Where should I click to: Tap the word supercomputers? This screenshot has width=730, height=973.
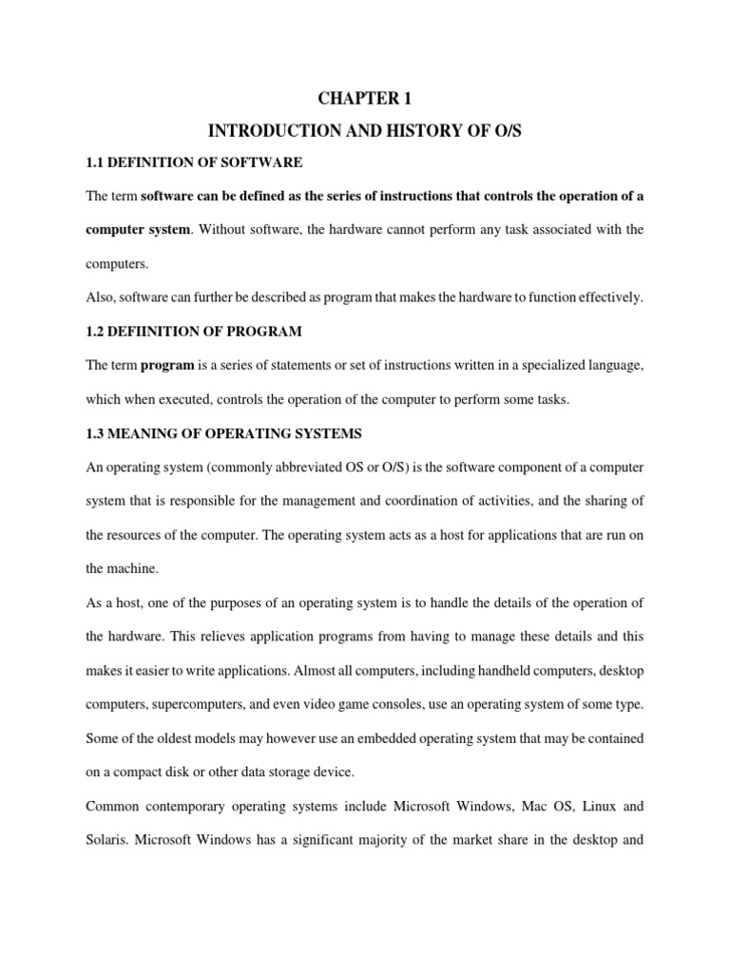point(208,704)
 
